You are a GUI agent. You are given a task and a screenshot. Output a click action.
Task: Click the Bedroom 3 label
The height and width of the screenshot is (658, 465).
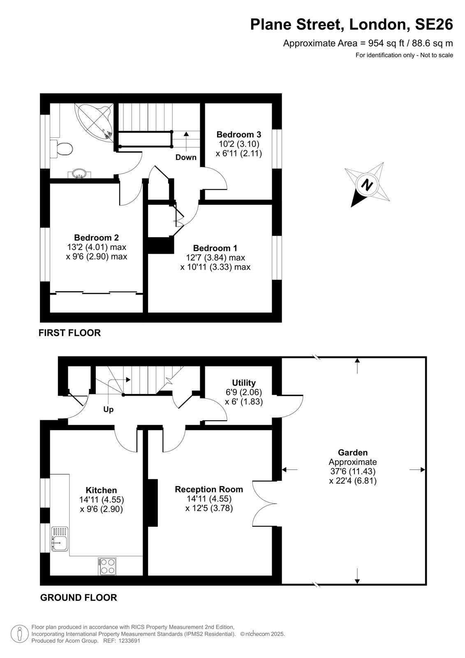coord(238,134)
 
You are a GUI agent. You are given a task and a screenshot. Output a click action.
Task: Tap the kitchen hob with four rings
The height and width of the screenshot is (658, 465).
coord(107,567)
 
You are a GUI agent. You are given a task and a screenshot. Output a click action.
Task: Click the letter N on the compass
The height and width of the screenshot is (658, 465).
coord(366,185)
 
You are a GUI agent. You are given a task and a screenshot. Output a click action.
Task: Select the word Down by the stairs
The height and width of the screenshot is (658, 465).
coord(186,158)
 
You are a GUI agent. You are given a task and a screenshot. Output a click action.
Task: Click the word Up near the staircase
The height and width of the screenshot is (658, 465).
coord(109,410)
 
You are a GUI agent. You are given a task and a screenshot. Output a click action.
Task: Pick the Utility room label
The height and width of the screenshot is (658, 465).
coord(243,383)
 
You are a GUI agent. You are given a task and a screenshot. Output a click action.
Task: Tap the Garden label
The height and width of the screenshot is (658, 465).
coord(352,453)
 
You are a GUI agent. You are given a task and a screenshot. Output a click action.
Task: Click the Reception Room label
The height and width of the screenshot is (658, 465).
coord(209,489)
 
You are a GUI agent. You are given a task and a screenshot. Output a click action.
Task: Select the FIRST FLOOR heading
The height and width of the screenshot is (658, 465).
coord(69,333)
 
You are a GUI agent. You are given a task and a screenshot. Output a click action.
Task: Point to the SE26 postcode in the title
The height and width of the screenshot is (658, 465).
coord(434,24)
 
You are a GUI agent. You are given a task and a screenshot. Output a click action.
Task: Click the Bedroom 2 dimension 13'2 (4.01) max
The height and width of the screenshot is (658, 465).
coord(97,247)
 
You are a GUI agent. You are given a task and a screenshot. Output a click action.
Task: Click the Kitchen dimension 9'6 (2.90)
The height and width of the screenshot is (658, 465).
coord(101,509)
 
